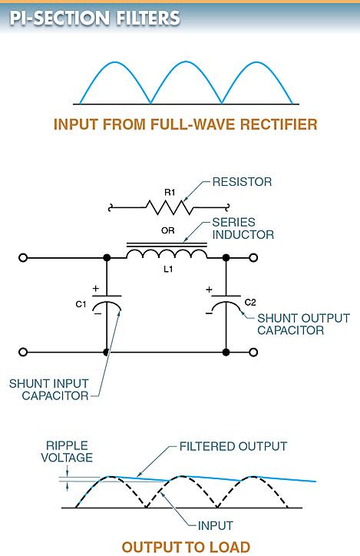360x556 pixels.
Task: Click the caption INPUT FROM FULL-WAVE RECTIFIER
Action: click(x=185, y=124)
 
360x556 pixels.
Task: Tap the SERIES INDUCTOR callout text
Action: click(x=246, y=227)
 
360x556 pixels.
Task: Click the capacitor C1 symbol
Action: click(x=106, y=303)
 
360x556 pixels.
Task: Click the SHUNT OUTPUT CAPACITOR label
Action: click(x=303, y=324)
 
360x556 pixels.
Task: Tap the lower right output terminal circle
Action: click(x=256, y=352)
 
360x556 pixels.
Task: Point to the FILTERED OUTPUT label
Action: click(x=233, y=446)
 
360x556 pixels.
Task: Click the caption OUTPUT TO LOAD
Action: click(x=186, y=547)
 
